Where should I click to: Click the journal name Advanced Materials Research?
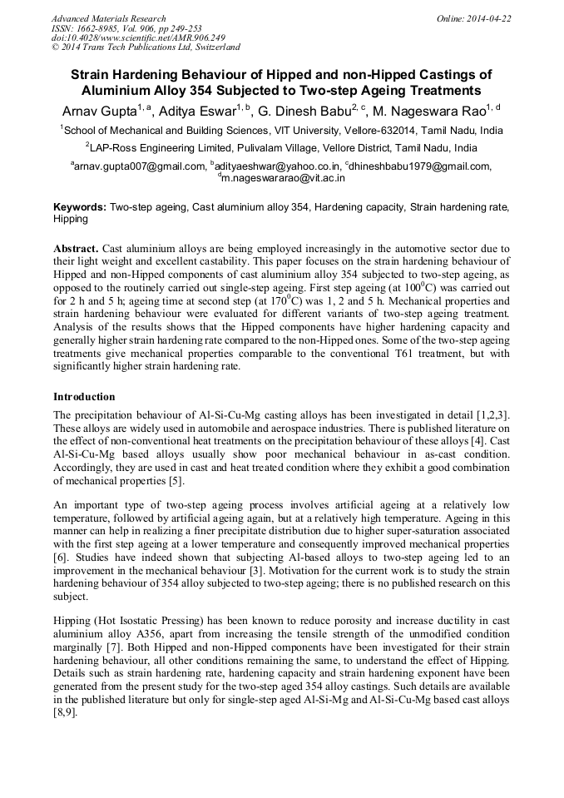click(108, 18)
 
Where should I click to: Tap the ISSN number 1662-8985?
click(106, 28)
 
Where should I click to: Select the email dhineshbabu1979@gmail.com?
click(421, 166)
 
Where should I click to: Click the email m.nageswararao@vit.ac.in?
click(284, 177)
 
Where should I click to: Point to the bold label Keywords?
click(80, 206)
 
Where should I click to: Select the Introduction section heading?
click(84, 397)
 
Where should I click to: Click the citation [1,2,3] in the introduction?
click(488, 414)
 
